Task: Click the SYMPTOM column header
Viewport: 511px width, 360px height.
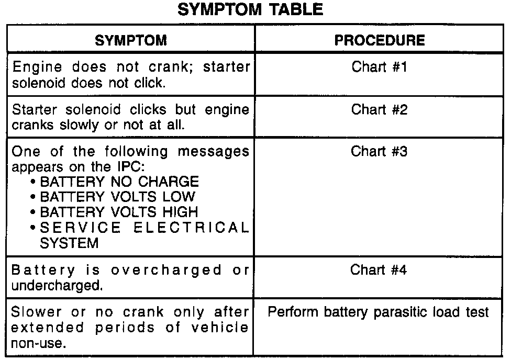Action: [x=131, y=40]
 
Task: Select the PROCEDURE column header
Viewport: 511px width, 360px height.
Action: [x=380, y=40]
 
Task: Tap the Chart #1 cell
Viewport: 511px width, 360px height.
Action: [x=379, y=67]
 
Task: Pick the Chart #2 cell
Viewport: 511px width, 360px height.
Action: [x=379, y=109]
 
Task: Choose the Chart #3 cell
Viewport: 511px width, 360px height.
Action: [x=379, y=152]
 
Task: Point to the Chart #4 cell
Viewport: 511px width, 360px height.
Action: [x=379, y=270]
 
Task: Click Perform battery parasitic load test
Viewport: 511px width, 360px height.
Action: [x=379, y=312]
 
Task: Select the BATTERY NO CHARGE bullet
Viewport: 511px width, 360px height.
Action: [x=119, y=182]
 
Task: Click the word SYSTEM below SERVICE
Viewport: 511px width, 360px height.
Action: [x=69, y=243]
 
